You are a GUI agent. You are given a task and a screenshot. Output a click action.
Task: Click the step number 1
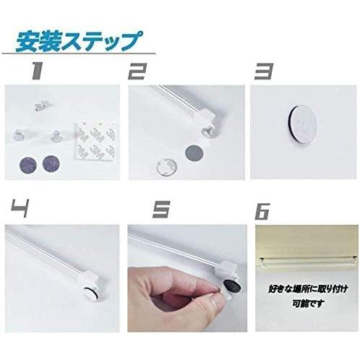pos(36,71)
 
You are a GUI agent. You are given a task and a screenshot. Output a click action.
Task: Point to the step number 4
pos(20,209)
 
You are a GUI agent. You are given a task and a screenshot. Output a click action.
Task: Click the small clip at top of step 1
pos(40,106)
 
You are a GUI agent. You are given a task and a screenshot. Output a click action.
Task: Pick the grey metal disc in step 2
pos(194,152)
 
